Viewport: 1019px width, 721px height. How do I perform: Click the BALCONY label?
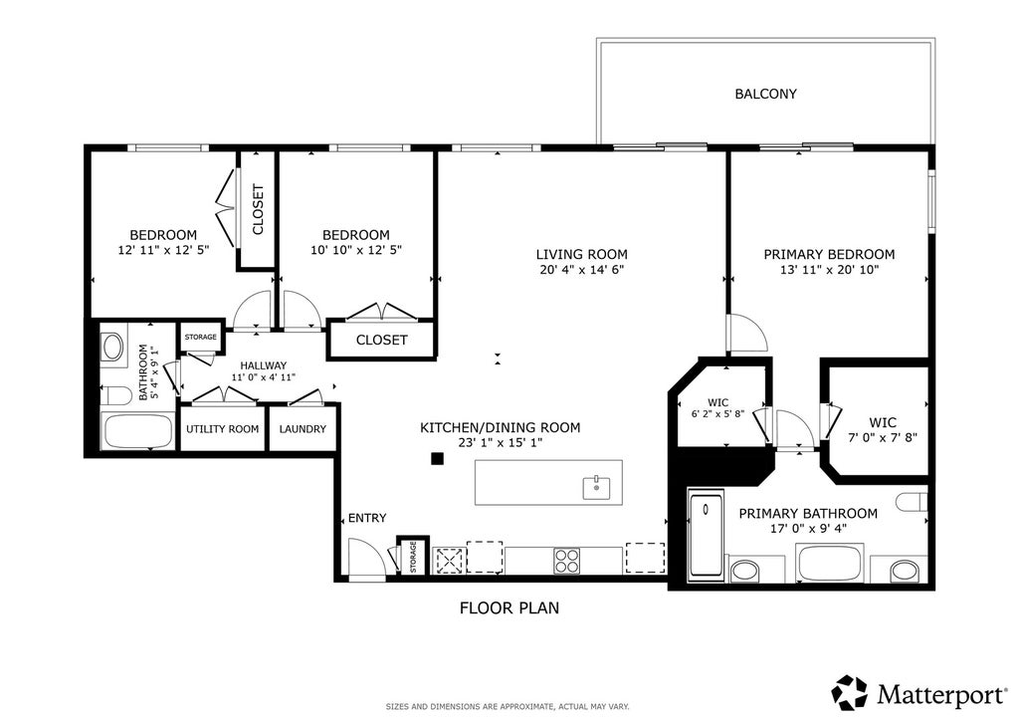click(765, 94)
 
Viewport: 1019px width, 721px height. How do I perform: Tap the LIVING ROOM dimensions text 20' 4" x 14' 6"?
click(581, 269)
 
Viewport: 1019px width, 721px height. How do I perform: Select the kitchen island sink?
click(596, 487)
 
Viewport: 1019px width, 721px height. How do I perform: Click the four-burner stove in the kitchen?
click(566, 561)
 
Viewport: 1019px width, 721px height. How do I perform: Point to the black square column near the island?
click(438, 459)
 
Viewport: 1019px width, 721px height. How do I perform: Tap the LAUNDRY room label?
click(303, 429)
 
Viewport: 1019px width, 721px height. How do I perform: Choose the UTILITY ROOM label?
click(222, 429)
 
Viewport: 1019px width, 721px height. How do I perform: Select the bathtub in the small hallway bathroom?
click(137, 430)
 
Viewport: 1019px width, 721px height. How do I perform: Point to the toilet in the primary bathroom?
click(912, 503)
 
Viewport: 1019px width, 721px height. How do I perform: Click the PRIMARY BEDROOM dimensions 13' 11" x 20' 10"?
click(829, 269)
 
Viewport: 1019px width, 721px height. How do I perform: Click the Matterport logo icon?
click(850, 693)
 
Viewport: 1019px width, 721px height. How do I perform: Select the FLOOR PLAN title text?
click(509, 607)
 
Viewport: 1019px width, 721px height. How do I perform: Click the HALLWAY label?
click(263, 366)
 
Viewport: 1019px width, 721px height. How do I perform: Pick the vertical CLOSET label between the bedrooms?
click(258, 210)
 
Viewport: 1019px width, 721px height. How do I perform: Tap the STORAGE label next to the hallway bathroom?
click(201, 337)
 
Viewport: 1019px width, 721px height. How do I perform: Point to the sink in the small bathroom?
click(113, 348)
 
